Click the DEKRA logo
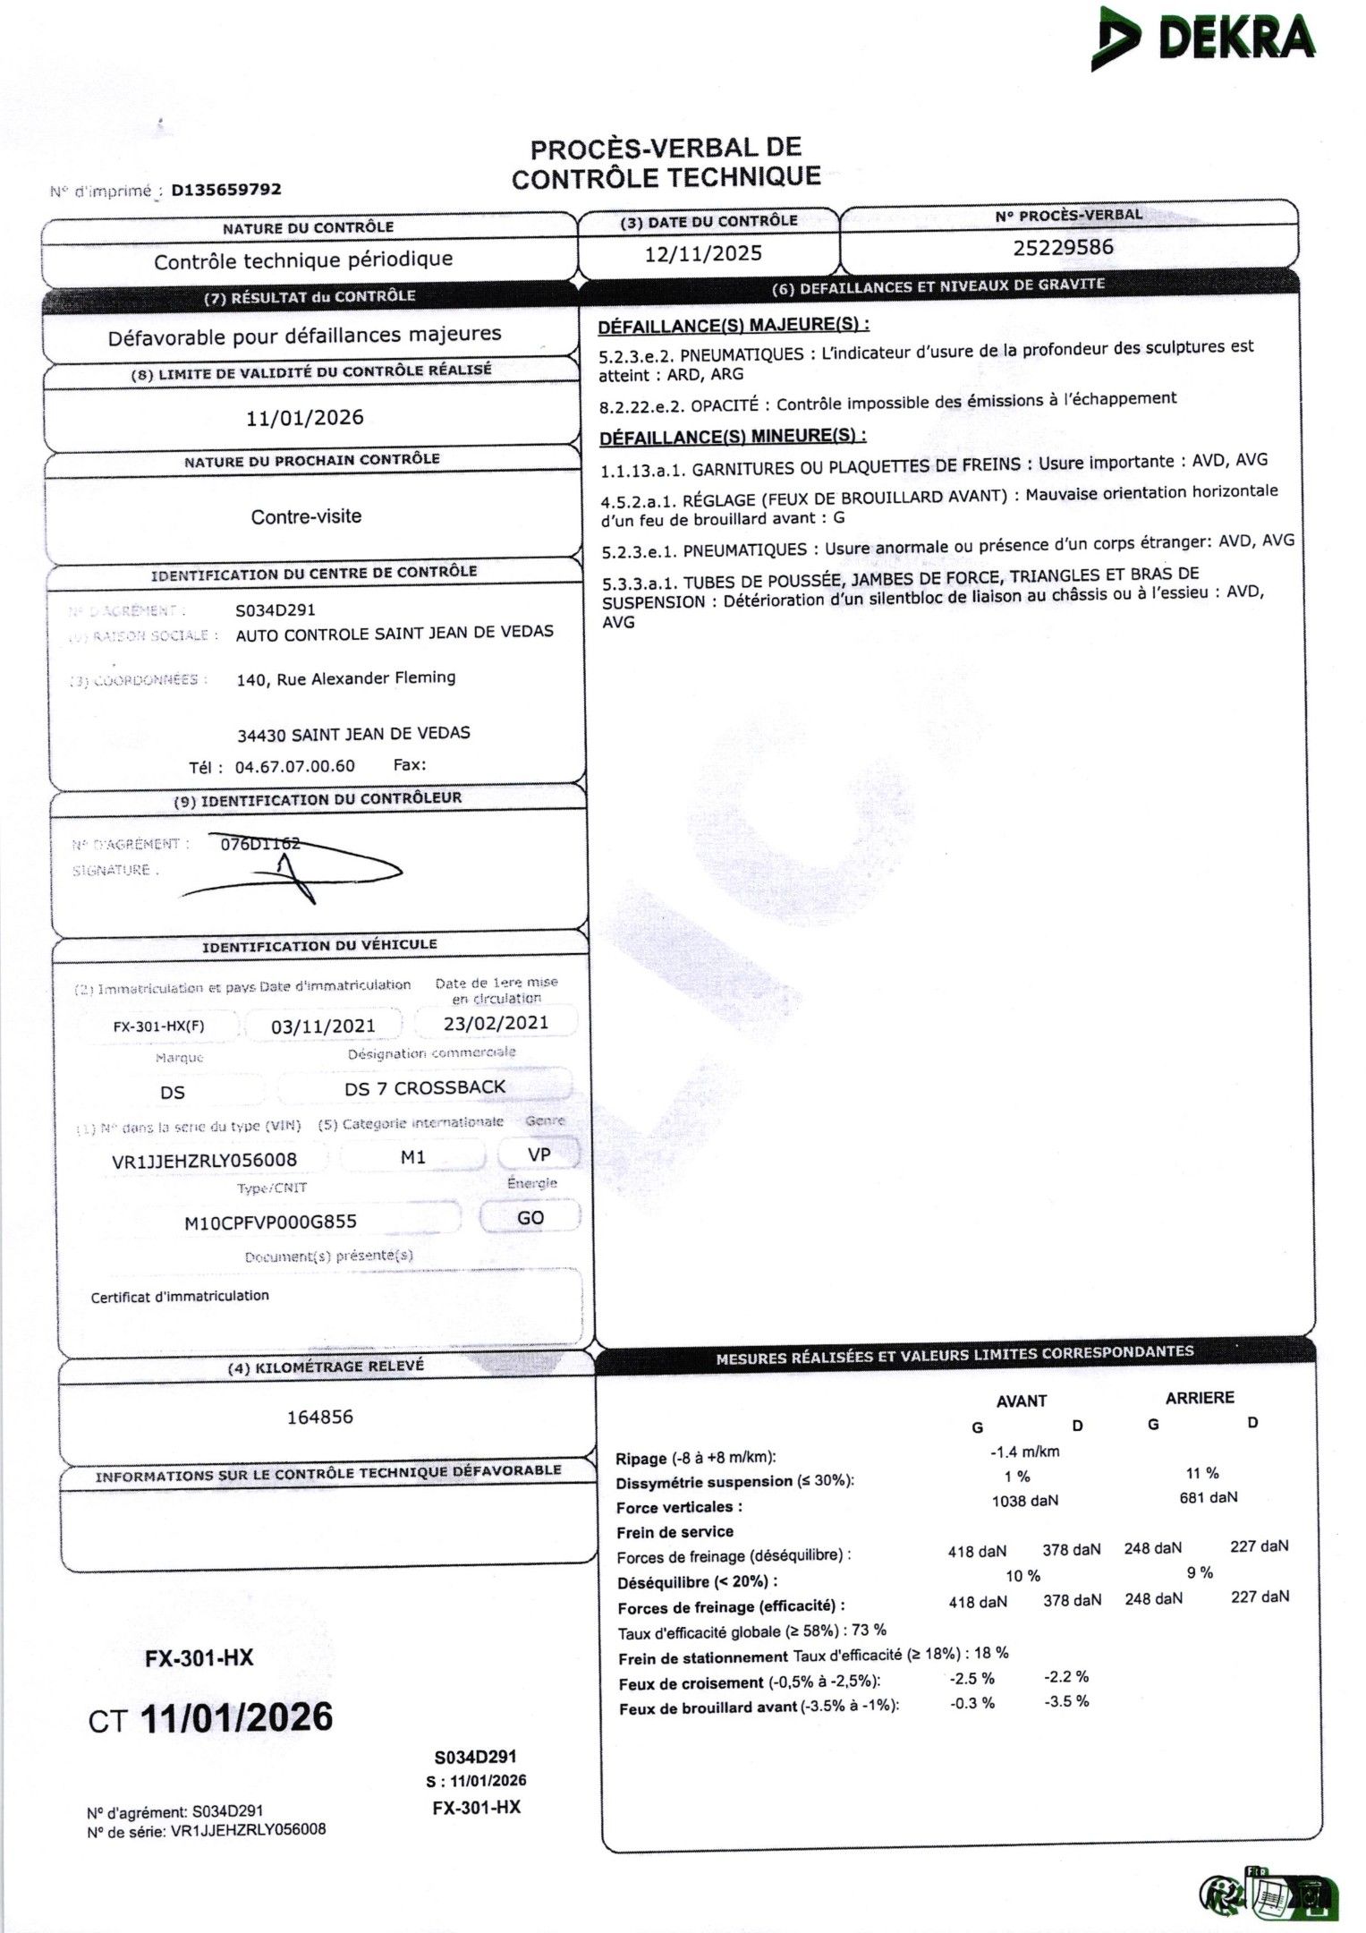[1202, 38]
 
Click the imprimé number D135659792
[225, 190]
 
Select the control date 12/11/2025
[703, 253]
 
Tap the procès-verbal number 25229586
[1063, 247]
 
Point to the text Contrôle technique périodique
[303, 260]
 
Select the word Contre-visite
[306, 516]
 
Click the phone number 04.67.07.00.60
[294, 766]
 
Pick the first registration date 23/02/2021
[496, 1023]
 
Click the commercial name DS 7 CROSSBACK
[425, 1088]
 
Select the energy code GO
[530, 1218]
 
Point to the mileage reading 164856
[319, 1417]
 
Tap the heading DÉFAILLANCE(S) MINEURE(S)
[732, 437]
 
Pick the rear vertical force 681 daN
[1208, 1497]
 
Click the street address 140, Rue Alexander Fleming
[345, 678]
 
